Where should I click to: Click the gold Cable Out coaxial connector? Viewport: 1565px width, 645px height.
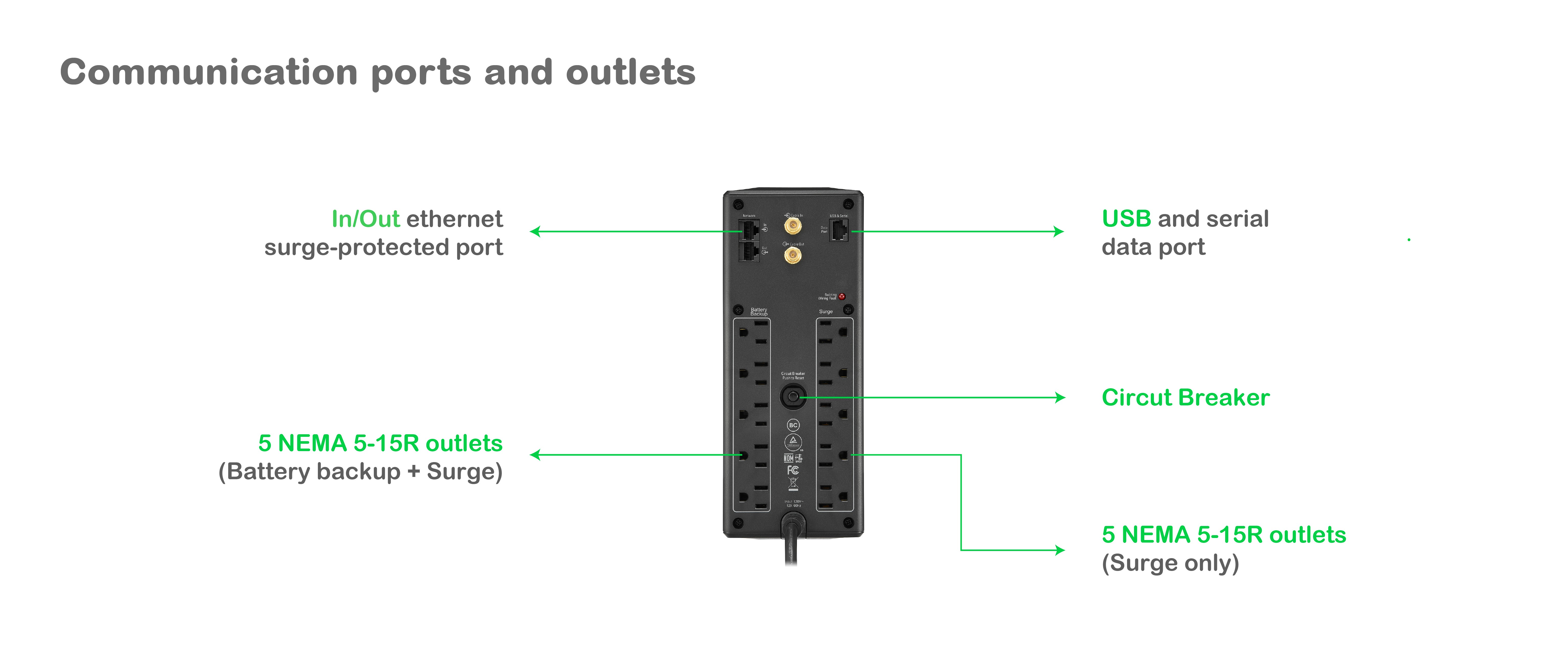(x=792, y=254)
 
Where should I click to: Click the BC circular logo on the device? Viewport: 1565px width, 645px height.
(x=793, y=425)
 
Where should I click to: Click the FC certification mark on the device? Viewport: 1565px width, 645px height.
(x=793, y=470)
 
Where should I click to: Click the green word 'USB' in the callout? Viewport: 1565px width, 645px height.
(x=1126, y=219)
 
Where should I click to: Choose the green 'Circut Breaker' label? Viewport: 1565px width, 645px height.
(x=1185, y=398)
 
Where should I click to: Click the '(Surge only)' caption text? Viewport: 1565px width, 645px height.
(x=1170, y=563)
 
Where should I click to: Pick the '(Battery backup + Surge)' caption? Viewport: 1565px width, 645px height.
(x=360, y=472)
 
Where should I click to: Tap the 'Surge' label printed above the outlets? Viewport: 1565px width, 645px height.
(x=826, y=312)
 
